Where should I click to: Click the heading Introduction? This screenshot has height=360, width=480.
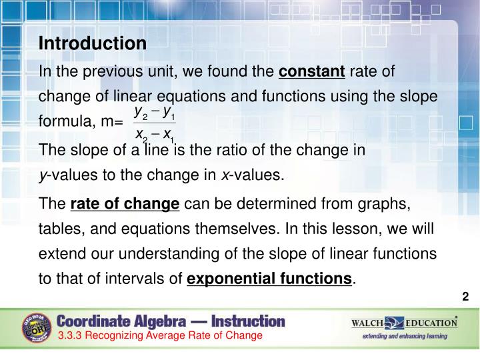click(x=93, y=43)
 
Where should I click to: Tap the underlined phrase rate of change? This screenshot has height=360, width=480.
click(x=125, y=203)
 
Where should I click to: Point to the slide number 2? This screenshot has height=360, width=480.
click(x=465, y=297)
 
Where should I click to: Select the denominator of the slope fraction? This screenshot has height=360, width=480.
click(x=155, y=136)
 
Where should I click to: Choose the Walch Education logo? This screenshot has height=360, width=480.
click(x=404, y=323)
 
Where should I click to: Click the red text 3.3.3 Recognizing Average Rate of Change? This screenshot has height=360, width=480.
click(x=160, y=335)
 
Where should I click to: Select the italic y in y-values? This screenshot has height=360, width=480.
click(x=43, y=177)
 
